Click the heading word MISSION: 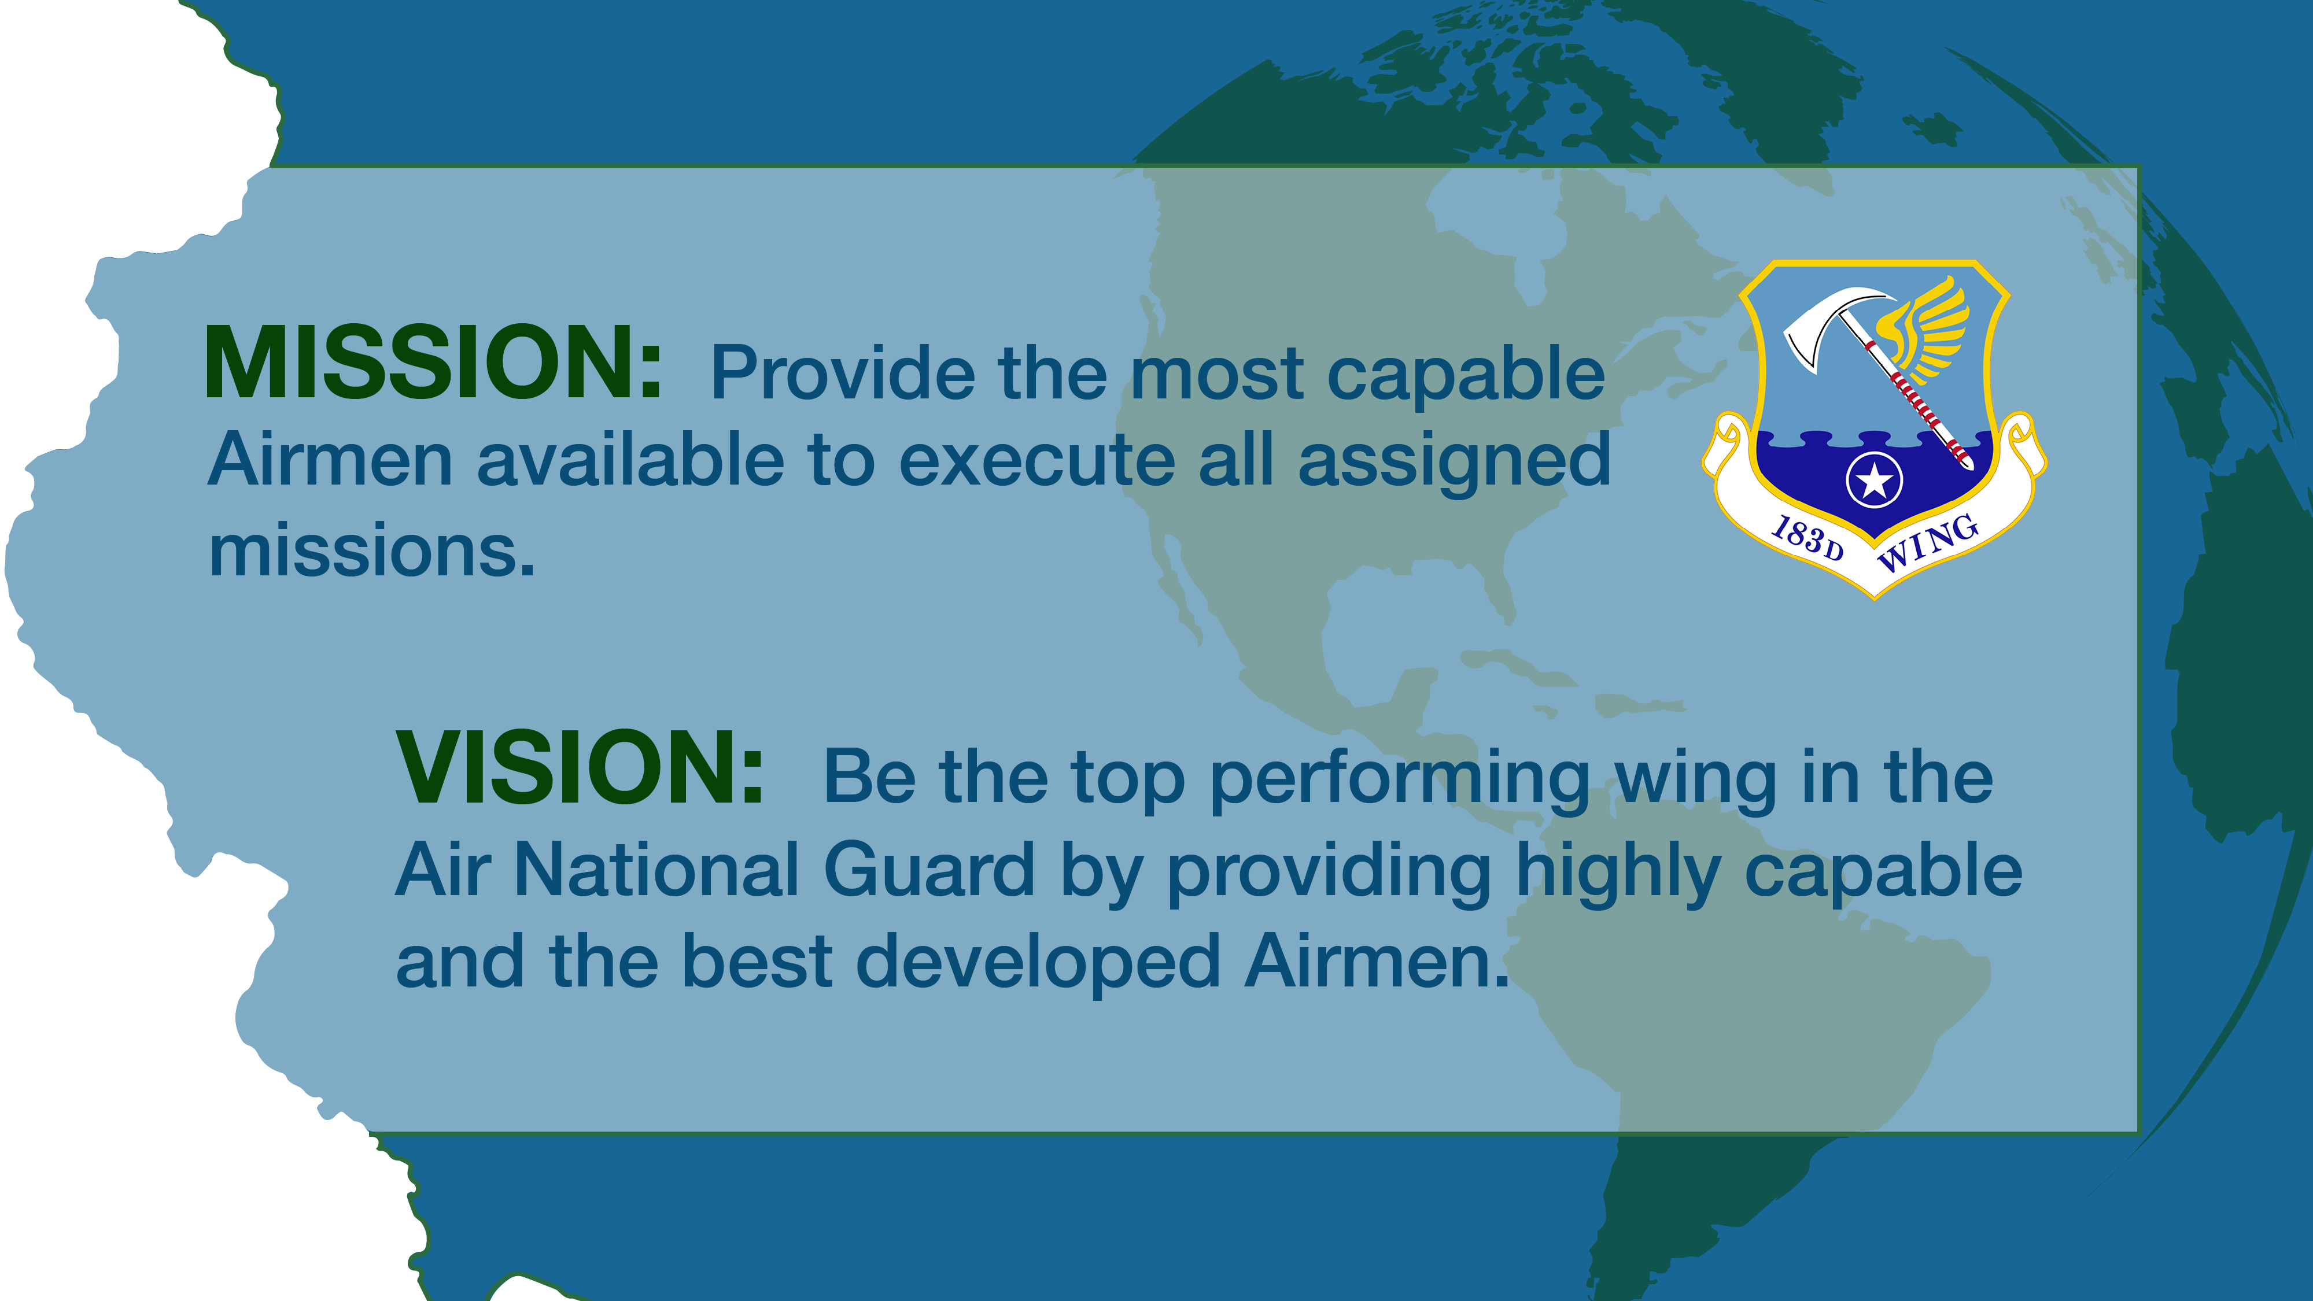[433, 362]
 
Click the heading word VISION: [580, 768]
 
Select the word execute [1037, 461]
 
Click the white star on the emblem [1874, 481]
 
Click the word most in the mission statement [1217, 375]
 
